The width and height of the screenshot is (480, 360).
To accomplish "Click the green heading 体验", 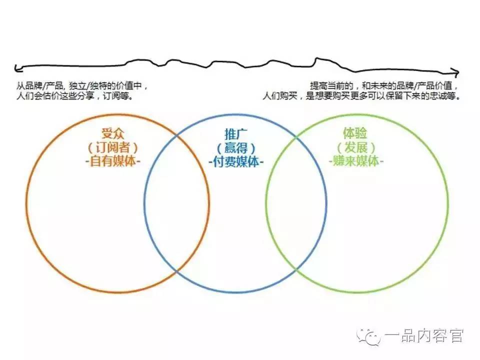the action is click(354, 134).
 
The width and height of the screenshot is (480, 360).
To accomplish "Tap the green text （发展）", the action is click(354, 148).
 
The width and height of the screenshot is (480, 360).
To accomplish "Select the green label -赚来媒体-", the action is click(354, 161).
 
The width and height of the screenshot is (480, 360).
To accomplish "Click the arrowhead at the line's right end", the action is click(455, 72).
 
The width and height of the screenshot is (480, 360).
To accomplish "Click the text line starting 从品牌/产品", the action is click(82, 86).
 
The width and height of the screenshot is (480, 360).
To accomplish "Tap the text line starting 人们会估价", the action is click(75, 96).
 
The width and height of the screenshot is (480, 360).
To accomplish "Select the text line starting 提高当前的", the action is click(383, 86).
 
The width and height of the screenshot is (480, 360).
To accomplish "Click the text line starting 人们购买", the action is click(361, 96).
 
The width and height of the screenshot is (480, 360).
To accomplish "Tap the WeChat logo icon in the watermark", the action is click(370, 336).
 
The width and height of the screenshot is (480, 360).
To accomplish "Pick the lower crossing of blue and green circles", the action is click(296, 270).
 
